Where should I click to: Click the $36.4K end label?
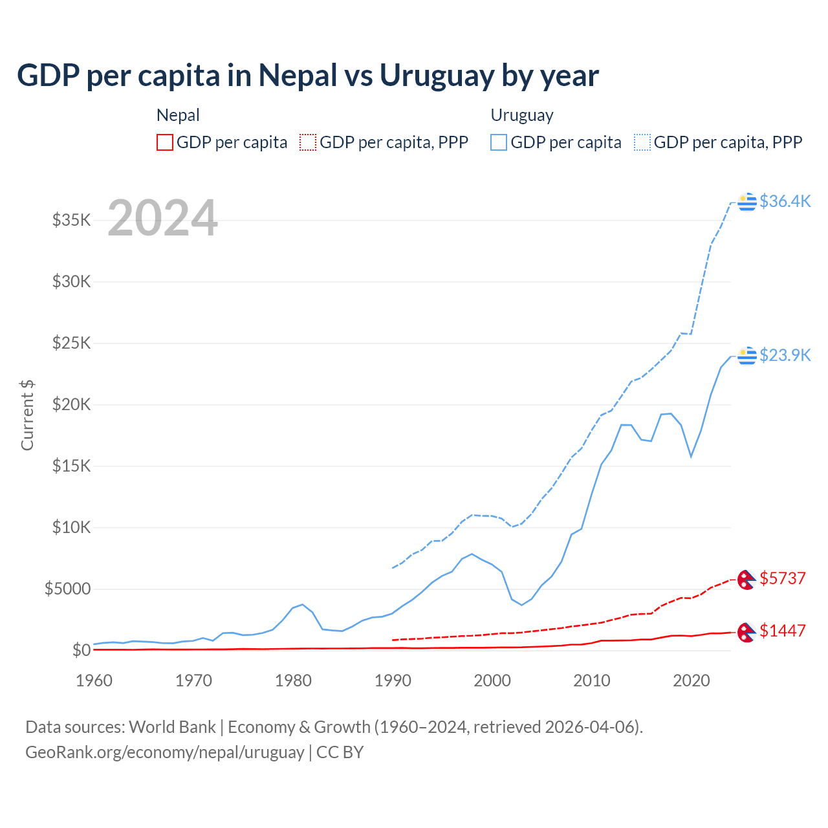[x=785, y=201]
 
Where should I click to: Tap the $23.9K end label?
[x=785, y=355]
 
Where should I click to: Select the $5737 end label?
[x=783, y=578]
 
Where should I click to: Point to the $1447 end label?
[x=783, y=631]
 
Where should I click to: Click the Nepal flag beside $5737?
[x=747, y=579]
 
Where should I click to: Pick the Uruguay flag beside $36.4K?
[x=747, y=202]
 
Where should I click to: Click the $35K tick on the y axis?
[x=71, y=220]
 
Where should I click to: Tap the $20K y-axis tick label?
[x=71, y=404]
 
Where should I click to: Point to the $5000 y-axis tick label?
[x=67, y=589]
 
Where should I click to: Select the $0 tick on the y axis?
[x=81, y=650]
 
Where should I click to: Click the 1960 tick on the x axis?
[x=94, y=681]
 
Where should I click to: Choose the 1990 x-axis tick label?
[x=393, y=681]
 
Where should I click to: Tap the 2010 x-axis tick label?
[x=592, y=681]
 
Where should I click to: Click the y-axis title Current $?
[x=27, y=415]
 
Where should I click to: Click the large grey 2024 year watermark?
[x=162, y=218]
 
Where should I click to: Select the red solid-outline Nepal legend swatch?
[x=165, y=142]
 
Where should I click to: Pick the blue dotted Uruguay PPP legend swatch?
[x=642, y=142]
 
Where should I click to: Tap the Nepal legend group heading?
[x=178, y=115]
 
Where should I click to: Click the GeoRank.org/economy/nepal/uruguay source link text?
[x=164, y=752]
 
